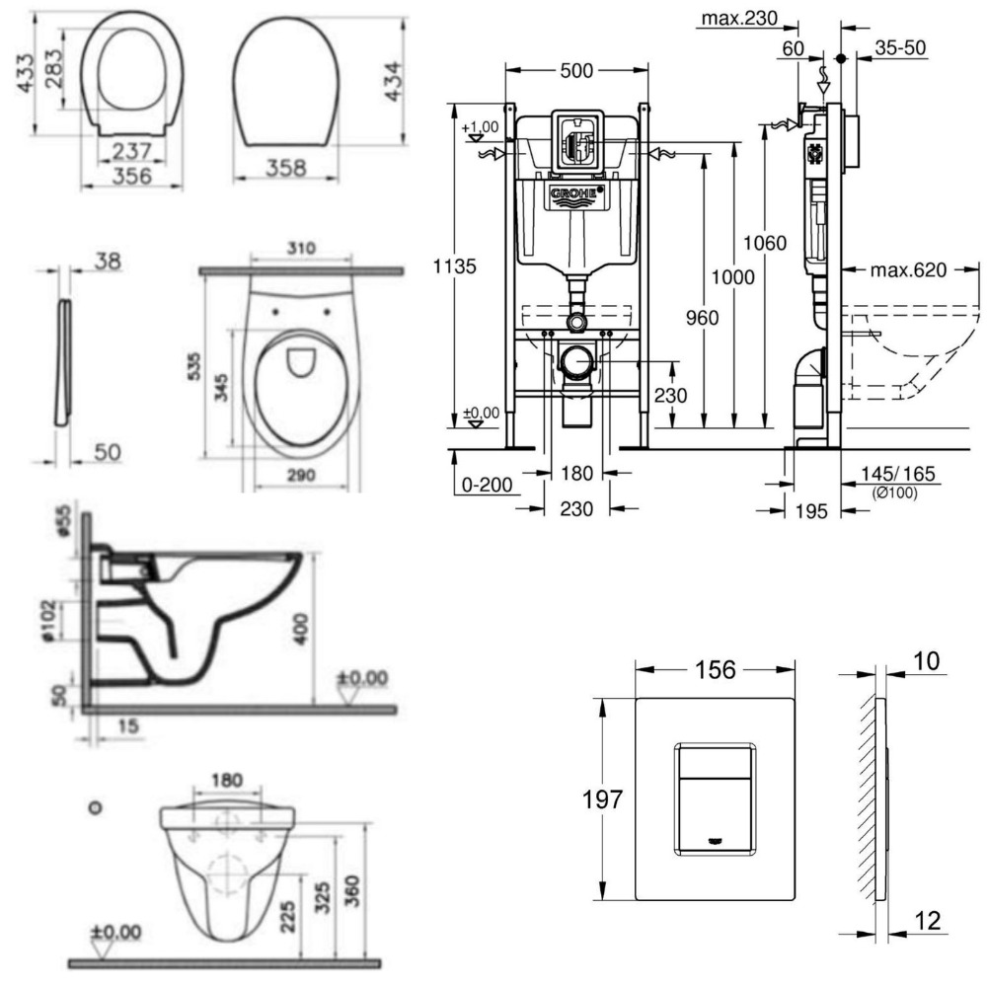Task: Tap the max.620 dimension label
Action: tap(911, 270)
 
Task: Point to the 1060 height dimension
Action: tap(766, 242)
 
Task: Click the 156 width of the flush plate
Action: tap(715, 669)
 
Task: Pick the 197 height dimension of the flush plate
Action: tap(603, 798)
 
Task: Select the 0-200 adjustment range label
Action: tap(489, 486)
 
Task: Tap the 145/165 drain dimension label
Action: tap(899, 476)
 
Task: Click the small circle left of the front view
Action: tap(95, 806)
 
